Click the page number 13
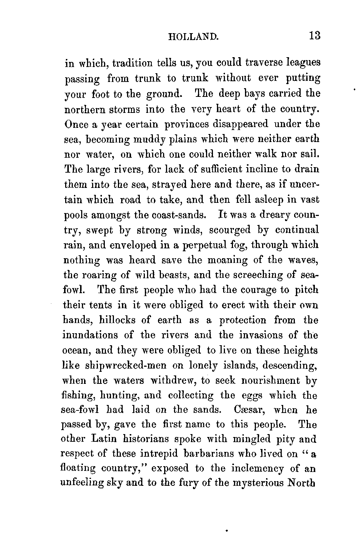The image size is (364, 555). coord(313,36)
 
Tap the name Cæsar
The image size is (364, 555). coord(248,410)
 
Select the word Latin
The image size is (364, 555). coord(103,440)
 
